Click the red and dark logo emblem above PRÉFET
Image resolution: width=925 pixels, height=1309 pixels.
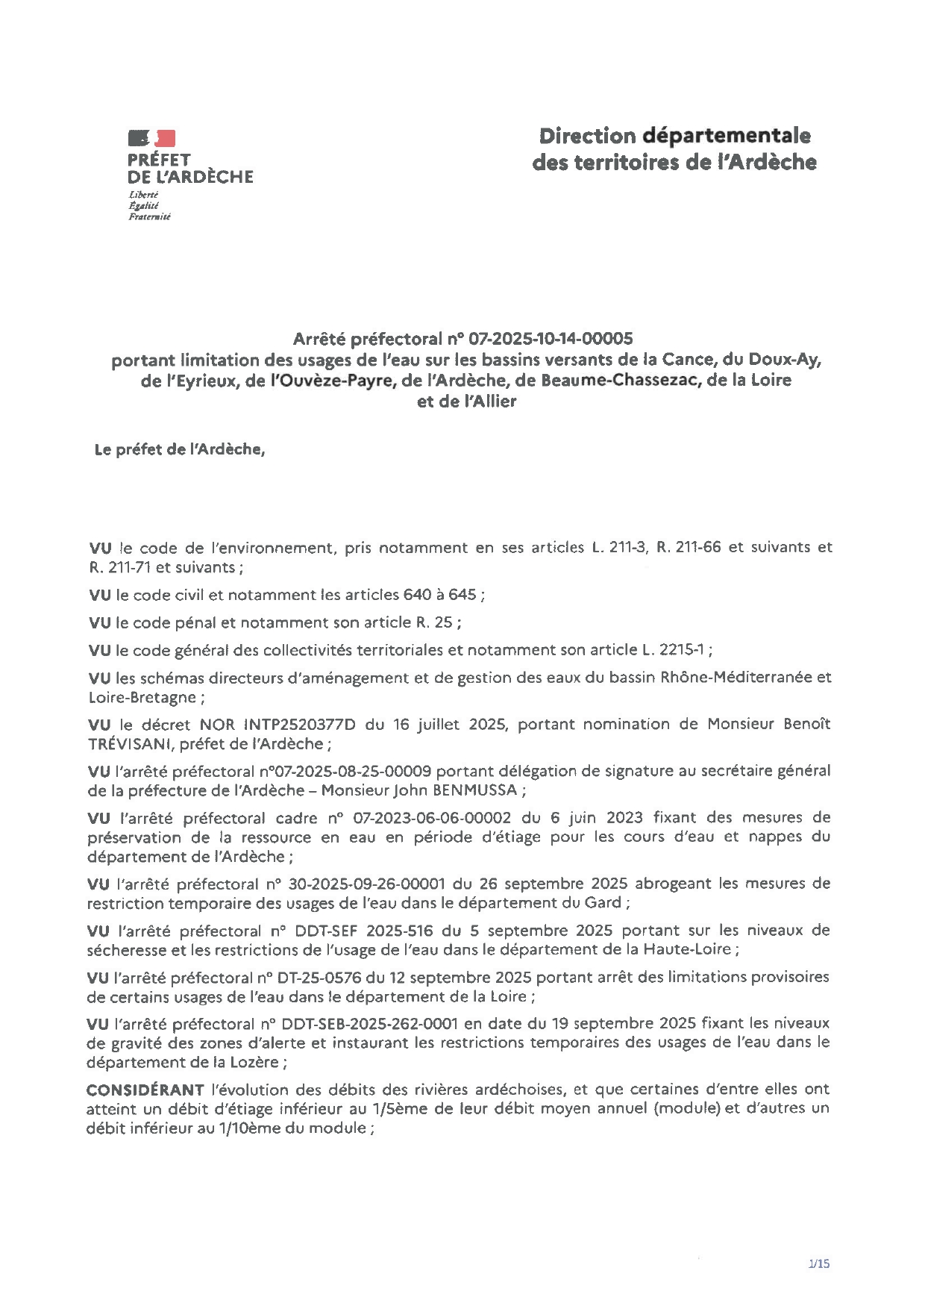click(x=152, y=137)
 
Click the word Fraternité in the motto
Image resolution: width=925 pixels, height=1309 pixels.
click(x=149, y=217)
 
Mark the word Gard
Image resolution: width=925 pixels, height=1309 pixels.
click(x=606, y=903)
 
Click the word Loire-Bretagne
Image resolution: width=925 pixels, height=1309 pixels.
click(x=142, y=697)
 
